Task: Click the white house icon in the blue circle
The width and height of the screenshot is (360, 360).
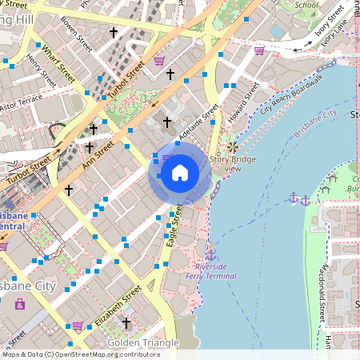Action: point(179,173)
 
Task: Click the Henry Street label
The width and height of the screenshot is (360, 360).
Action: point(40,70)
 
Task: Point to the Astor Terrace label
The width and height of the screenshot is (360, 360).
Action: point(20,104)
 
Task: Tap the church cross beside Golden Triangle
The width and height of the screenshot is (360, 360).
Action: point(126,322)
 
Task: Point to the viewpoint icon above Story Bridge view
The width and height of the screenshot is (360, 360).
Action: point(232,147)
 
